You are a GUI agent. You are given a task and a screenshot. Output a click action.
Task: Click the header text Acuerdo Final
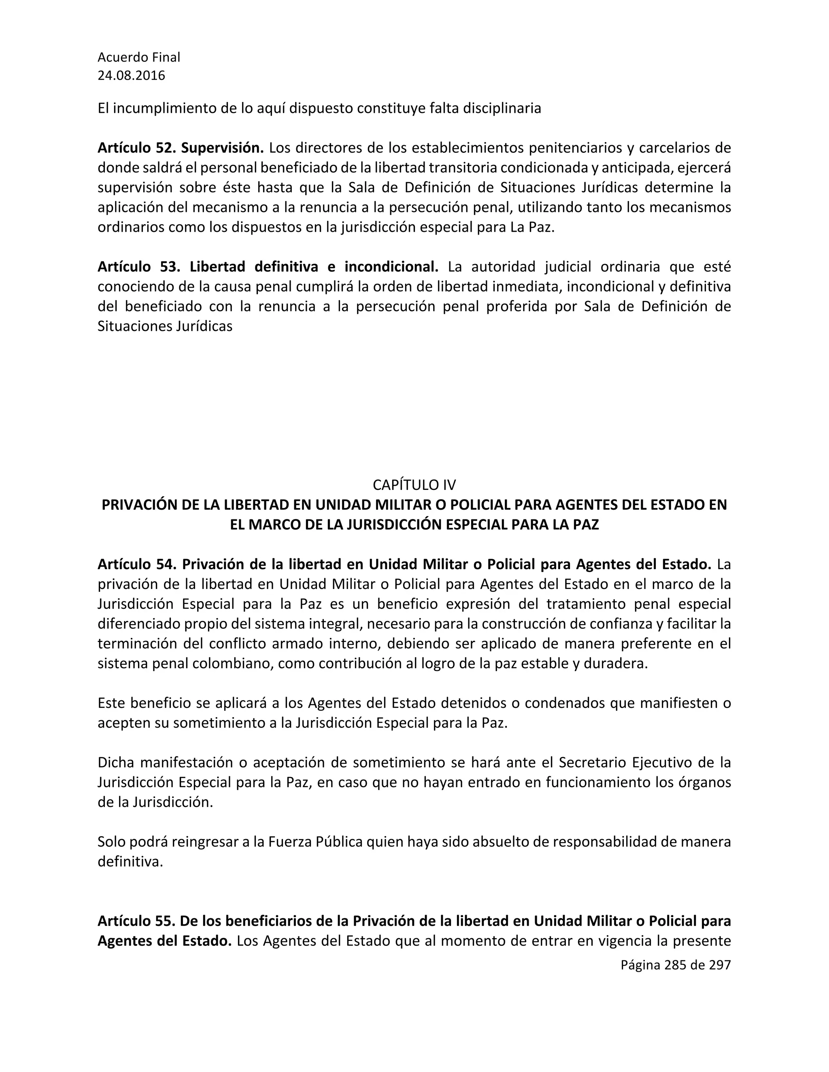click(x=139, y=57)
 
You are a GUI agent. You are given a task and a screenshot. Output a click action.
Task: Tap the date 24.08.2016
click(x=131, y=76)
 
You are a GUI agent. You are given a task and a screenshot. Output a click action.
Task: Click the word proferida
click(x=517, y=307)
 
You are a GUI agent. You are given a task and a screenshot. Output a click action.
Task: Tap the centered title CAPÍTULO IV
click(x=414, y=485)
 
